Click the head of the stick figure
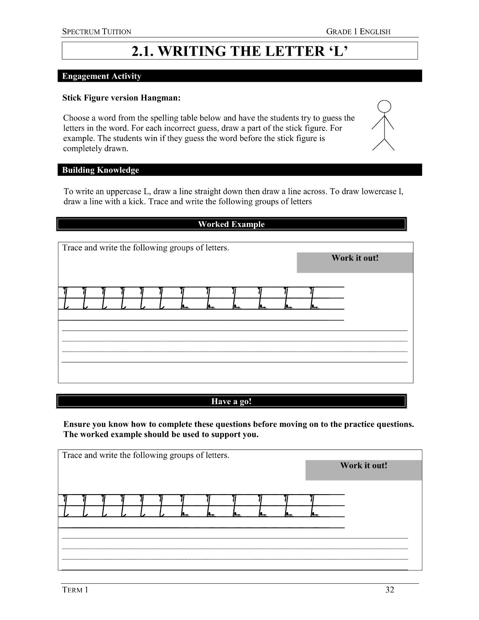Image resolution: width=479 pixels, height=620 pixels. coord(384,107)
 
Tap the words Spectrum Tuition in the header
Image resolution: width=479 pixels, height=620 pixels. coord(97,32)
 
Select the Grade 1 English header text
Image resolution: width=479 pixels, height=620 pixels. coord(358,32)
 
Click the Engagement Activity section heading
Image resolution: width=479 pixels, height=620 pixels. coord(102,76)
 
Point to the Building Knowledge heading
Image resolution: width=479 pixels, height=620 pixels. coord(100,170)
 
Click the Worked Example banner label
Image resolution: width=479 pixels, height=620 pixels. coord(231,224)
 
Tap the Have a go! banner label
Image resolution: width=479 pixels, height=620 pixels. coord(231,401)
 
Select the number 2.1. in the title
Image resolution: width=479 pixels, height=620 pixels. coord(143,51)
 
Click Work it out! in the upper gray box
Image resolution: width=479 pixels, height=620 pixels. coord(355,258)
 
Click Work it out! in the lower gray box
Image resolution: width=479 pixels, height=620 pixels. coord(364,465)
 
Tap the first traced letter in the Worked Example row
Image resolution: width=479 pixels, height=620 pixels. coord(65,298)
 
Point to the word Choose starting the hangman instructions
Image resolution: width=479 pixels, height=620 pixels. coord(75,118)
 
